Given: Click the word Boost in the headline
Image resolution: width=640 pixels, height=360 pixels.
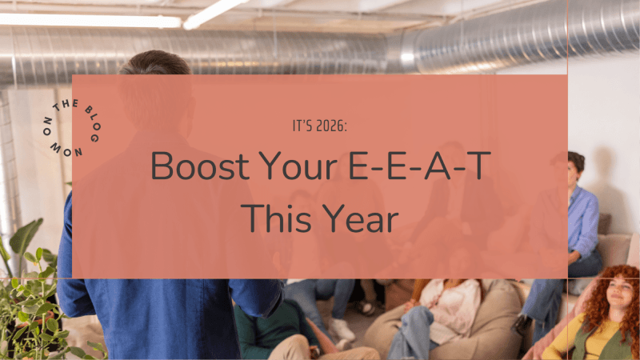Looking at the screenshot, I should click(x=195, y=166).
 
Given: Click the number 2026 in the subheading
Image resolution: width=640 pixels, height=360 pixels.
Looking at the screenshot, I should click(x=332, y=126).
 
